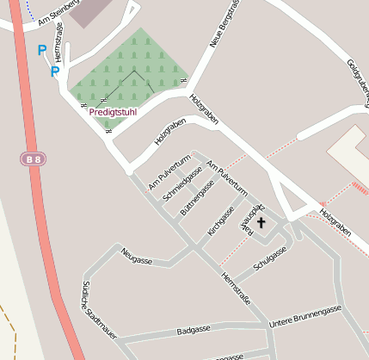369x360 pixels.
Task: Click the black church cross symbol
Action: click(x=261, y=222)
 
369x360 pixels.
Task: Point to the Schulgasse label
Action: click(x=270, y=255)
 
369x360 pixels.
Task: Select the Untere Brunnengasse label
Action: click(x=305, y=316)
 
